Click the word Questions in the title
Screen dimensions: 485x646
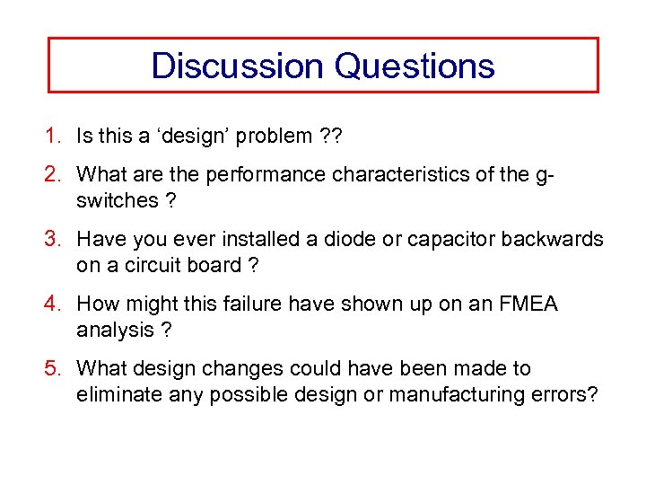tap(414, 66)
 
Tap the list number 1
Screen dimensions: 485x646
tap(54, 137)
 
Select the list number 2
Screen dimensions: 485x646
tap(54, 175)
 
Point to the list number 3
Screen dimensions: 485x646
tap(54, 240)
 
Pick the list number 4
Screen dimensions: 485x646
tap(54, 304)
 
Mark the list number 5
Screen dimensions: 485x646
tap(54, 369)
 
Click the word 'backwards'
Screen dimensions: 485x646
tap(553, 240)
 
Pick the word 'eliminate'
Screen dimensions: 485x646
tap(117, 394)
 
